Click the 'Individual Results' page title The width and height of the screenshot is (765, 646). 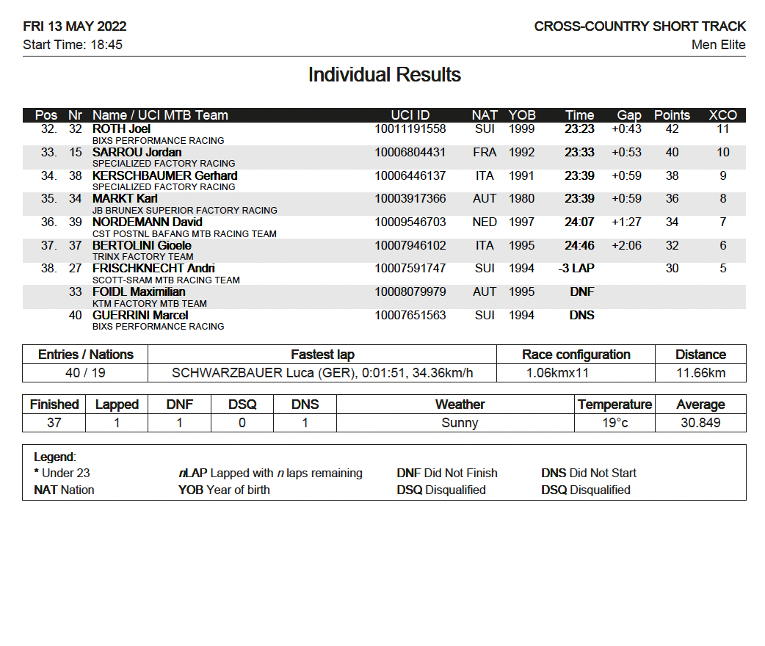[384, 75]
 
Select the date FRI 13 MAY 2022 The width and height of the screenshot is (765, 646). [75, 26]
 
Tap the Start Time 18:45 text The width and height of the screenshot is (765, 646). [73, 45]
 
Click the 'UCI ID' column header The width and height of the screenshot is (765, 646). [410, 115]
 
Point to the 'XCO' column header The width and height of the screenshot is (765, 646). [722, 115]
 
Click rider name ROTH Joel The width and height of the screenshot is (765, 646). [121, 129]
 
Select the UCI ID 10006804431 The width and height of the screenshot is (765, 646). [410, 153]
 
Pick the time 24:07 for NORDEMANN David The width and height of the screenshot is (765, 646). [579, 222]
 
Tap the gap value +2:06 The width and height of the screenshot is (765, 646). [626, 245]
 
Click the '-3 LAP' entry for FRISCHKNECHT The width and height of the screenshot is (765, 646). [576, 269]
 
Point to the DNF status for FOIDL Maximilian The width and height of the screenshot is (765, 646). [581, 292]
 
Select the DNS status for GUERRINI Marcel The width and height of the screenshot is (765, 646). [581, 316]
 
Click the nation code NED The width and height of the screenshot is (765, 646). [485, 222]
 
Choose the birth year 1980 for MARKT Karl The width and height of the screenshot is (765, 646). [522, 199]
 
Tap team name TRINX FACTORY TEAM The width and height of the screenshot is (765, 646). [142, 257]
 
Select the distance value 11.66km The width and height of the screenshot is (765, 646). [700, 373]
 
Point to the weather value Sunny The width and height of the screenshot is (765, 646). [460, 423]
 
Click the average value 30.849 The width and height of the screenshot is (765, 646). [700, 423]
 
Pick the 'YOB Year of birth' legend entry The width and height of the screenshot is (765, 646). [224, 490]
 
